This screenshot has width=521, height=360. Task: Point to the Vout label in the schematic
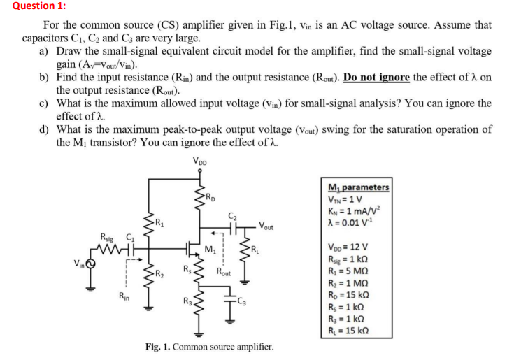[266, 225]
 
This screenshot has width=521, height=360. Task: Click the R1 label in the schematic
[160, 225]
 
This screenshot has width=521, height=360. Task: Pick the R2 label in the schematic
[160, 274]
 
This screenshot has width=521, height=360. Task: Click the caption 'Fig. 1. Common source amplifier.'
[209, 347]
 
